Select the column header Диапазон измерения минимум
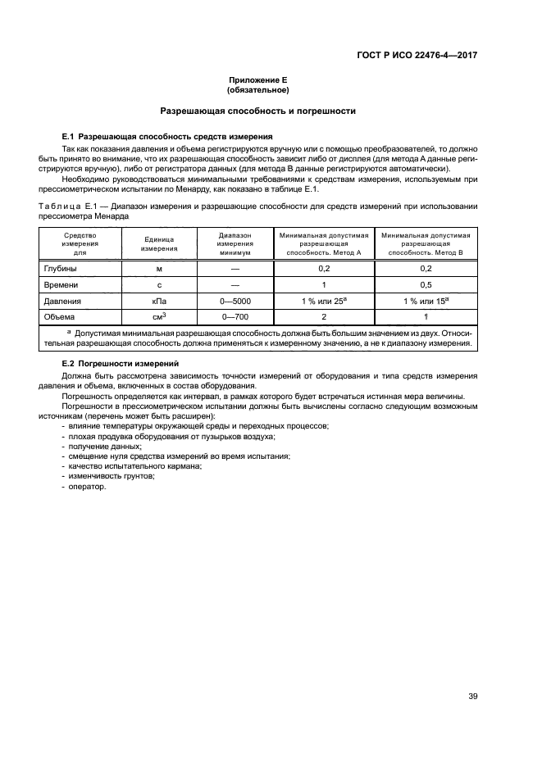click(235, 243)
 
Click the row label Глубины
click(60, 268)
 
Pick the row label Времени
click(61, 284)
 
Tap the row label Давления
click(63, 301)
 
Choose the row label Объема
click(60, 317)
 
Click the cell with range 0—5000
click(235, 301)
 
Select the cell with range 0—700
click(235, 317)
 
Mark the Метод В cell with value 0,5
click(426, 284)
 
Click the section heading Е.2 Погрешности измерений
click(126, 362)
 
